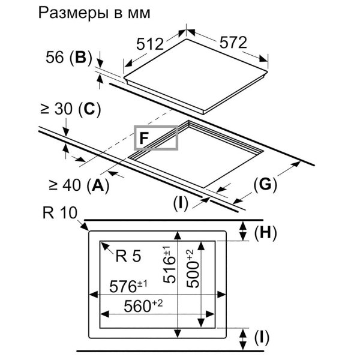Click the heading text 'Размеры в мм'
pos(94,14)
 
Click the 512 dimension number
pos(150,44)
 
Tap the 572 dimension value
pos(233,43)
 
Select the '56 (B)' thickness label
pos(68,58)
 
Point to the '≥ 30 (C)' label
pos(70,109)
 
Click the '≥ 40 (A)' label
pos(79,185)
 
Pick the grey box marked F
pos(156,138)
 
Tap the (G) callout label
pos(265,185)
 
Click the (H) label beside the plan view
pos(265,233)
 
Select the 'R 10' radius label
pos(60,213)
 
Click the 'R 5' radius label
pos(128,256)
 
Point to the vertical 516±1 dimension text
pos(169,264)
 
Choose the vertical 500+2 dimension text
pos(193,268)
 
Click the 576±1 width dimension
pos(128,286)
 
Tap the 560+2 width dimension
pos(143,306)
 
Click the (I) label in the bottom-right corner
pos(262,338)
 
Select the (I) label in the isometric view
pos(181,203)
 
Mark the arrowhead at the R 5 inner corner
pos(104,245)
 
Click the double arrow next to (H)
pos(243,231)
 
